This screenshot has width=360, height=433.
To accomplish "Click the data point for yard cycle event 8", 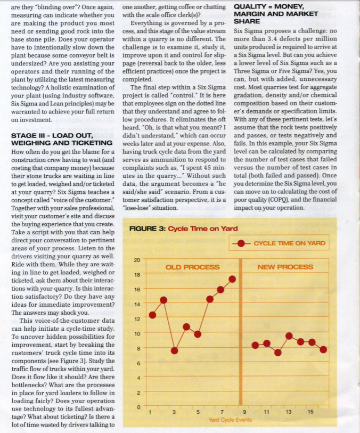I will [x=233, y=279].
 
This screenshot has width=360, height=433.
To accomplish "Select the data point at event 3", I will [x=174, y=350].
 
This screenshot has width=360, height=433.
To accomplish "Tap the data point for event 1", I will [x=152, y=315].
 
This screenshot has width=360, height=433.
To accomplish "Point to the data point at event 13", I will [x=289, y=336].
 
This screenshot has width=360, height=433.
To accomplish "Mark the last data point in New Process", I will [x=324, y=349].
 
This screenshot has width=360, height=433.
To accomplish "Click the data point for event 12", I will [x=278, y=352].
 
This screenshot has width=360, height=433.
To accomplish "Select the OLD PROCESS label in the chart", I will [x=193, y=267].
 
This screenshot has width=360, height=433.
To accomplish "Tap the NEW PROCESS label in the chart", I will [x=285, y=267].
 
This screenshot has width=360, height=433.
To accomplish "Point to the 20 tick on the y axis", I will [x=136, y=260].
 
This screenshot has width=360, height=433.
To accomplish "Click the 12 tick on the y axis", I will [x=136, y=319].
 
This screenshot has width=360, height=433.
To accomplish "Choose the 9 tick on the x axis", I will [x=244, y=413].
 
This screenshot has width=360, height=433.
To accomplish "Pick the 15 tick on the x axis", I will [x=311, y=413].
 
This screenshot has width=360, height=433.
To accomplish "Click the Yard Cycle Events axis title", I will [x=230, y=420].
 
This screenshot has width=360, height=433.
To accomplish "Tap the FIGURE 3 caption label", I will [x=148, y=228].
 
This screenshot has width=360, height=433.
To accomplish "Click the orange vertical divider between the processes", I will [x=240, y=330].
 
